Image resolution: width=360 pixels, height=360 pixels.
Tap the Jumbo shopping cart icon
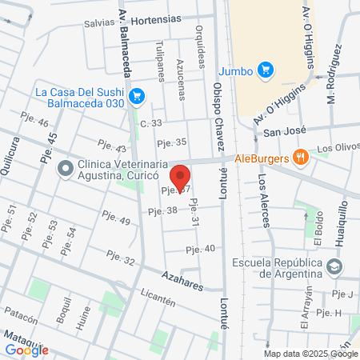point(266,71)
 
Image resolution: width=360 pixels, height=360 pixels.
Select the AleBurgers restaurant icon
point(301,158)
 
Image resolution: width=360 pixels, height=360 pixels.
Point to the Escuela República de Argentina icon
point(335,265)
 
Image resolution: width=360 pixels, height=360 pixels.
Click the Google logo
point(26,350)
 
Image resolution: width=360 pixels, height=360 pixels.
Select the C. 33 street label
point(150,122)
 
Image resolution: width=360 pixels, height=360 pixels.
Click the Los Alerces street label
point(262,196)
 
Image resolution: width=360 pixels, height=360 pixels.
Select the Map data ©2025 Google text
point(311,354)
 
